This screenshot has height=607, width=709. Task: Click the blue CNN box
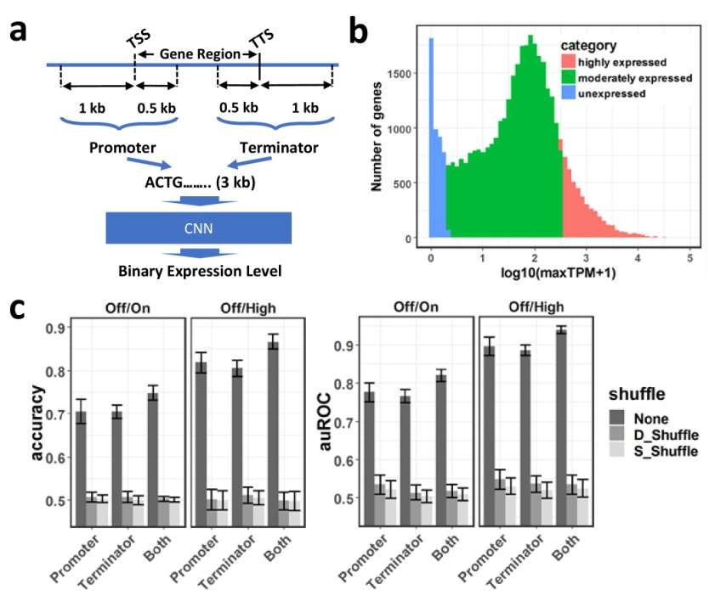tap(198, 228)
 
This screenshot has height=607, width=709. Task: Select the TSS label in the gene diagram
tap(134, 42)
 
